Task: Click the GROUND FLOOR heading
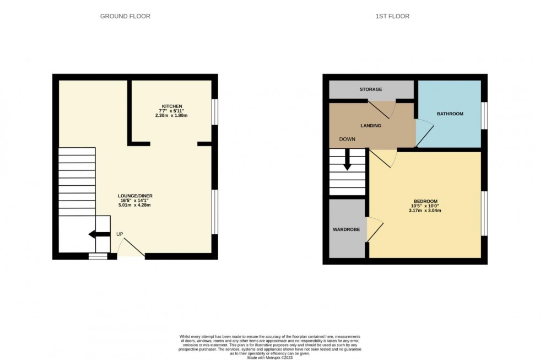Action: tap(125, 16)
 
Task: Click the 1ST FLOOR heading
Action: tap(392, 16)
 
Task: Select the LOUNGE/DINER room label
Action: tap(134, 196)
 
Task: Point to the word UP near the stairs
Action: tap(120, 234)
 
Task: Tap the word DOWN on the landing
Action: tap(347, 139)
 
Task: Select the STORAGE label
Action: tap(370, 89)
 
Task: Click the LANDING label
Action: tap(370, 126)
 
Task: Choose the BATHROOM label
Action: tap(450, 114)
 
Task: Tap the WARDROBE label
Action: tap(346, 229)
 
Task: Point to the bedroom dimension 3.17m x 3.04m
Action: tap(425, 211)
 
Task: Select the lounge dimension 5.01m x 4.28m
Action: tap(134, 205)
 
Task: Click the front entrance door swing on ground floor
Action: tap(131, 248)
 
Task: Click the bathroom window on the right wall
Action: tap(484, 116)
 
